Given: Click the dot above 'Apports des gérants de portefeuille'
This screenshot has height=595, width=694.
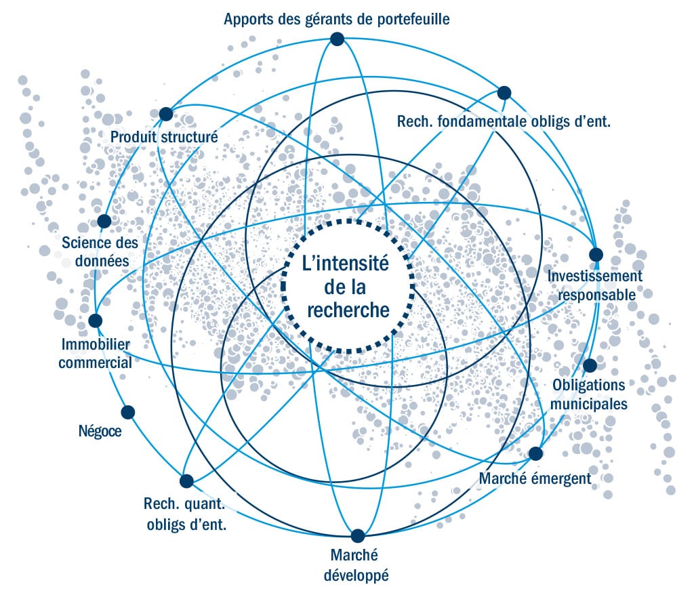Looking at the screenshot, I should click(338, 39).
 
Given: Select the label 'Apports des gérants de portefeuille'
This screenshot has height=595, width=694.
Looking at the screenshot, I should click(337, 18).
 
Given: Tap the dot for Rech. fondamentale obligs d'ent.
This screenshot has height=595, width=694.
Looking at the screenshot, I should click(504, 93).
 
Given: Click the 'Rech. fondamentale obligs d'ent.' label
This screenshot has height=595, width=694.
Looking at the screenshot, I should click(504, 122).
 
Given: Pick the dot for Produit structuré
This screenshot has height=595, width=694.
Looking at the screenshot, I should click(165, 113).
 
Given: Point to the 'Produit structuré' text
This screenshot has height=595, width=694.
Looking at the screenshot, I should click(164, 137).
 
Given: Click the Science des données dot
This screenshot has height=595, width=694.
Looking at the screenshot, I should click(104, 221).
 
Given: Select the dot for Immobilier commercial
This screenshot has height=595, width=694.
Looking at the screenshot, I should click(96, 320).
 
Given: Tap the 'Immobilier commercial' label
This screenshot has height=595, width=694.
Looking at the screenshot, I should click(95, 353).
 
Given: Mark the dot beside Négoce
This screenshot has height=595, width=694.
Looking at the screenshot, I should click(127, 412).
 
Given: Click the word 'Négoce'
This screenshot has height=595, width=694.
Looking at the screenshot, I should click(100, 430).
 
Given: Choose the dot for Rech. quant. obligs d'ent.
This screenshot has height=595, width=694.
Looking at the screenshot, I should click(186, 480).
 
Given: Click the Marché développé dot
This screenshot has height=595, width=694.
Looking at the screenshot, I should click(357, 535).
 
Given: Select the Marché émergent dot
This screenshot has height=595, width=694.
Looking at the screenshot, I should click(535, 453).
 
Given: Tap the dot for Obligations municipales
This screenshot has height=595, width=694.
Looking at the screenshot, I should click(590, 365).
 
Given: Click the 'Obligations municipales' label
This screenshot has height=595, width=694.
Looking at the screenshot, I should click(588, 394).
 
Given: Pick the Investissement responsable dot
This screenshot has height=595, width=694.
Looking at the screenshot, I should click(596, 255).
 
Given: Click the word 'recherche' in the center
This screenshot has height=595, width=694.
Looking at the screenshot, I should click(348, 310).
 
